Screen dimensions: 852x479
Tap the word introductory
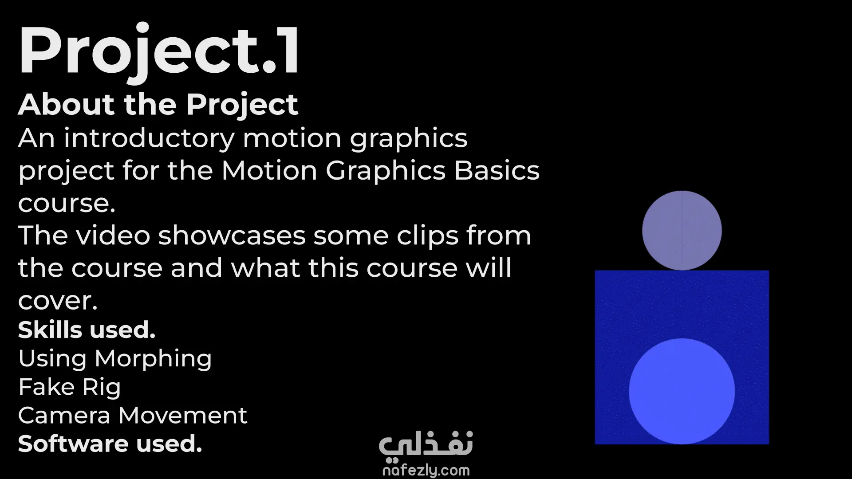[149, 139]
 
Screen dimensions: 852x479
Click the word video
[113, 235]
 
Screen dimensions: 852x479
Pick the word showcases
[232, 235]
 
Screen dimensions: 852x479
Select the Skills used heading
[87, 330]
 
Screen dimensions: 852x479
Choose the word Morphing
[153, 359]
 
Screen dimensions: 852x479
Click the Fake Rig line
[70, 387]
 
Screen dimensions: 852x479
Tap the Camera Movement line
[133, 416]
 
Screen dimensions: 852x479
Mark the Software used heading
[110, 444]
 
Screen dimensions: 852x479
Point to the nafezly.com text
[426, 470]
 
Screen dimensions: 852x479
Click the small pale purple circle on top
[682, 231]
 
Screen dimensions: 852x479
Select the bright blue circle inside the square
[682, 391]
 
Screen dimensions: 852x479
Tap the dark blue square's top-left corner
[595, 271]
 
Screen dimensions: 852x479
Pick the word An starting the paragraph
[36, 138]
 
